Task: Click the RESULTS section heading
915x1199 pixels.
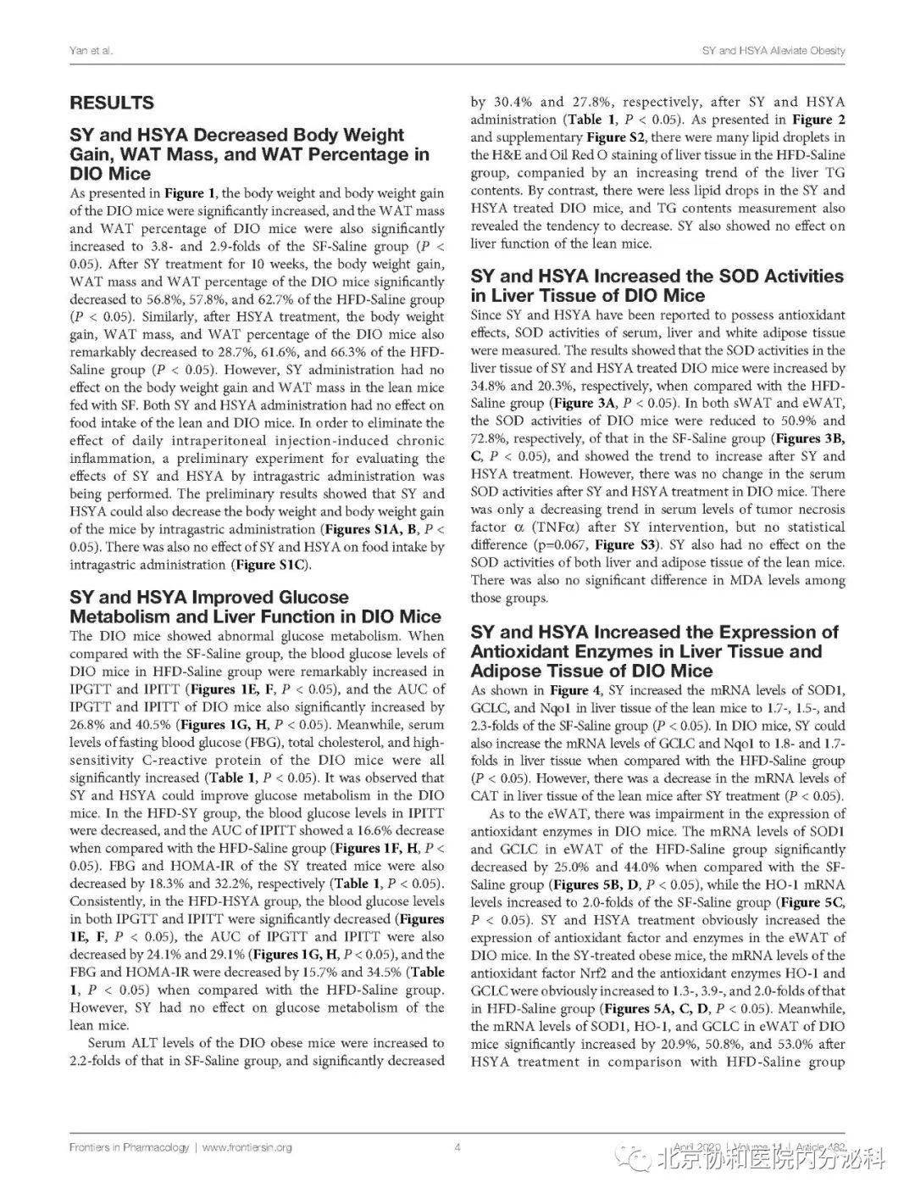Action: tap(112, 103)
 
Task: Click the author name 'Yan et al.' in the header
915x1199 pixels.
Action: tap(91, 51)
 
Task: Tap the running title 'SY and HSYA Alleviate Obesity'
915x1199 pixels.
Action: tap(774, 51)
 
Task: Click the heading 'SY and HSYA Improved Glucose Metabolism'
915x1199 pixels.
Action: tap(255, 607)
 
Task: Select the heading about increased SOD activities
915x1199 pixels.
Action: tap(657, 286)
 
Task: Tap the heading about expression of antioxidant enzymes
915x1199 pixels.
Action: tap(654, 651)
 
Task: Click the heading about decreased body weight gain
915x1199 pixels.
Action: tap(249, 154)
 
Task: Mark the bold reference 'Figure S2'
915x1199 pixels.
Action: tap(617, 137)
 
